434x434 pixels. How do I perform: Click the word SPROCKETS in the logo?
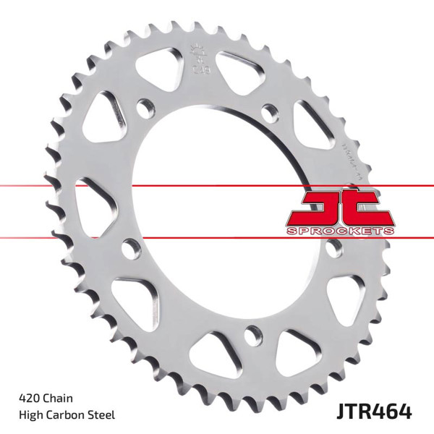click(341, 229)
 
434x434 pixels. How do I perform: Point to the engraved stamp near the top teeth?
click(195, 62)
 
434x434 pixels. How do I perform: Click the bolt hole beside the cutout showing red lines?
click(130, 250)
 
